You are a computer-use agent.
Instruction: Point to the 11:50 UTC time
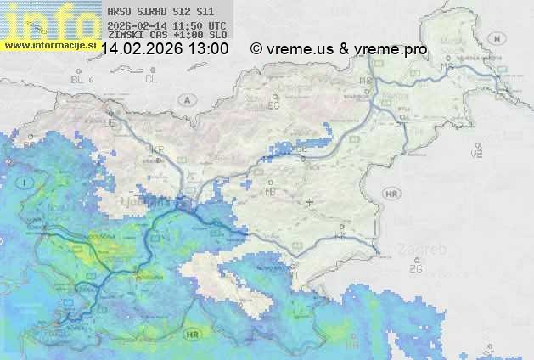point(199,25)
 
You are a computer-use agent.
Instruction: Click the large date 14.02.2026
point(141,49)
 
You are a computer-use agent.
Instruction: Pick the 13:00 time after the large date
point(208,49)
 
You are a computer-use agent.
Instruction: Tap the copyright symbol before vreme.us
point(256,49)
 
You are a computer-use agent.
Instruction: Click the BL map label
point(79,79)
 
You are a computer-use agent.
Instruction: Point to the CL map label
point(151,79)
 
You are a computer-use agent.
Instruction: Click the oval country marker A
point(186,100)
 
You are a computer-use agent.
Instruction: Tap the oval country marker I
point(26,182)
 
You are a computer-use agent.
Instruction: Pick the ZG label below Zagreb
point(415,268)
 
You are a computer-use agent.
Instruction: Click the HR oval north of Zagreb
point(391,194)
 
